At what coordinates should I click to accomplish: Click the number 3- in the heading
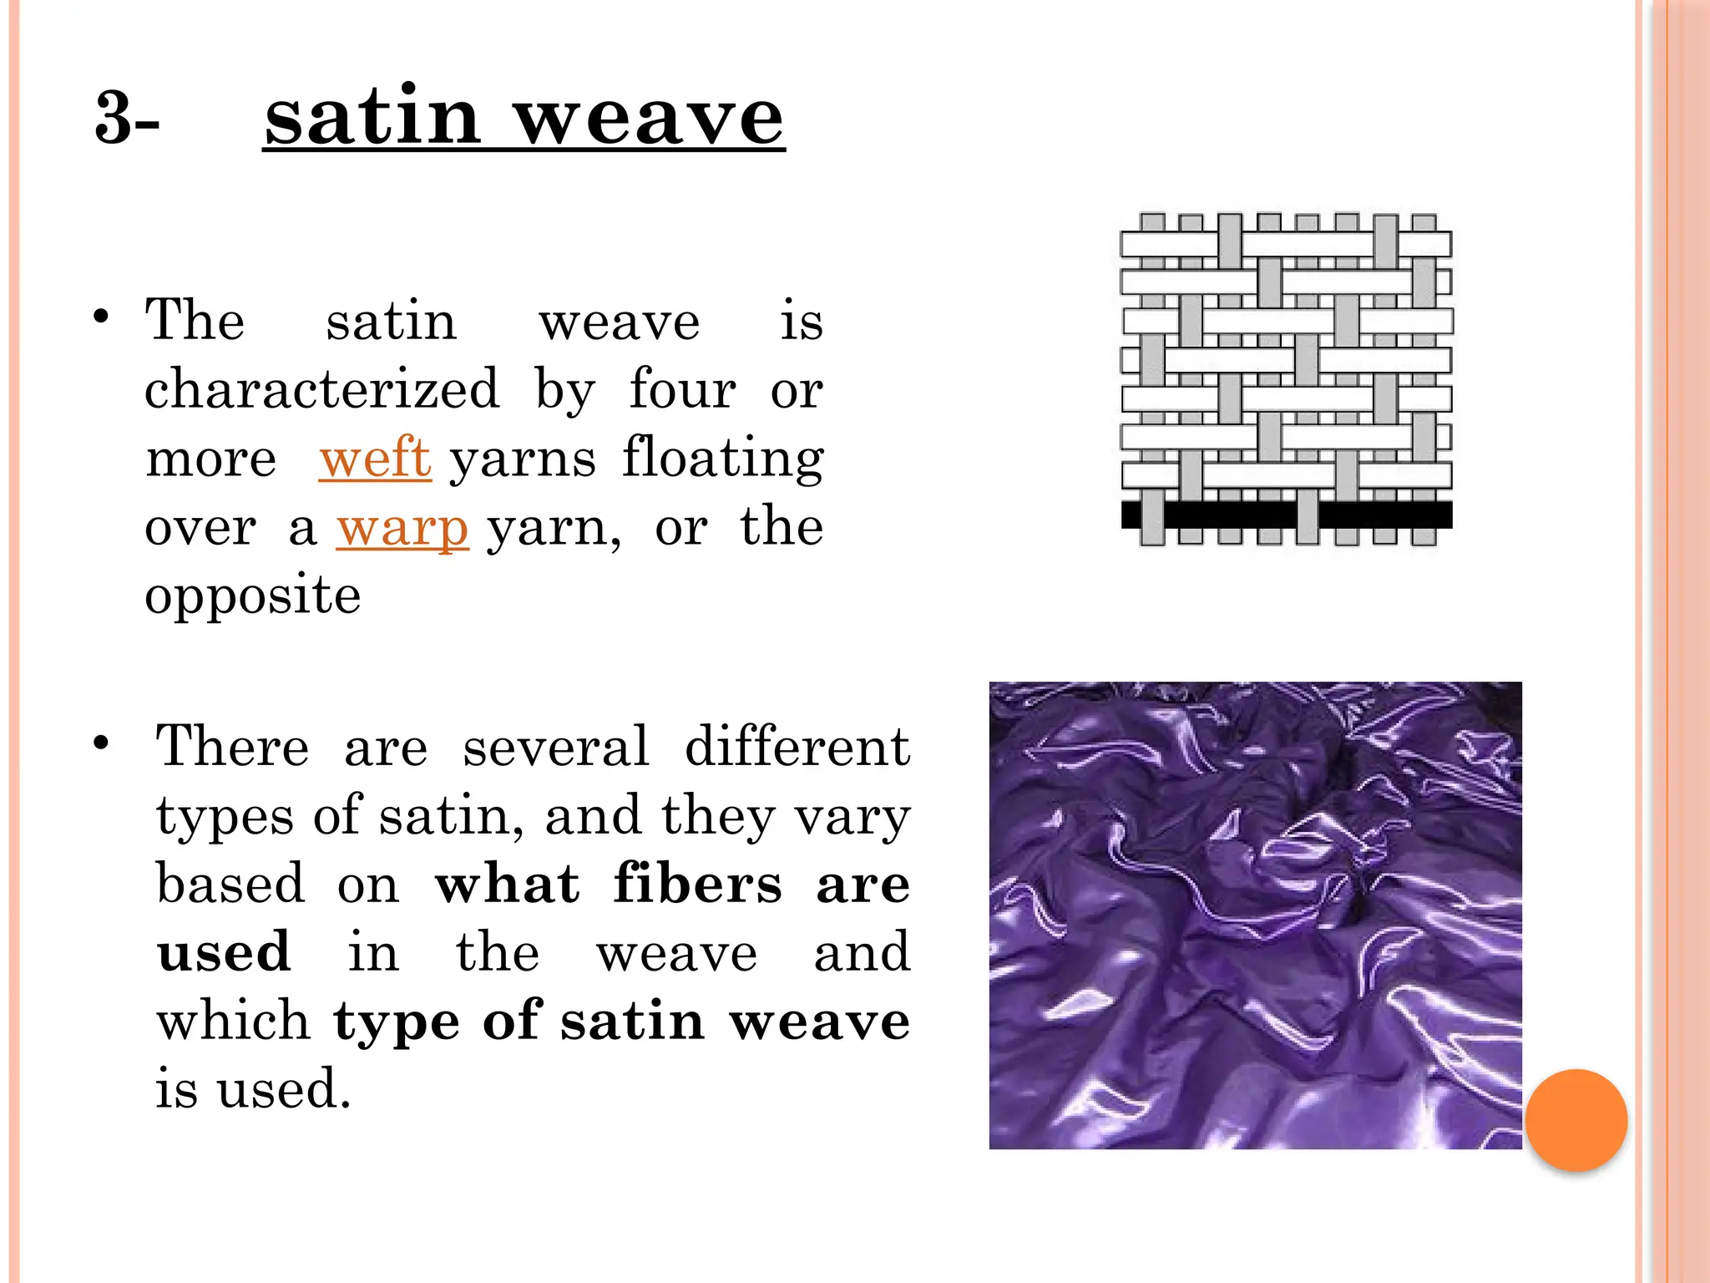coord(127,119)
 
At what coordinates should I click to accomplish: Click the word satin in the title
coord(372,117)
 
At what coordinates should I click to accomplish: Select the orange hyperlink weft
coord(375,459)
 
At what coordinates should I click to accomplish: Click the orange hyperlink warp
coord(402,529)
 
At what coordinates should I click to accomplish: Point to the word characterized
coord(321,389)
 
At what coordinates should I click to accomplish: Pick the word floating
coord(723,459)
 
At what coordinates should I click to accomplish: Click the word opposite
coord(252,596)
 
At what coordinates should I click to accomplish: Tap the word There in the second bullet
coord(232,745)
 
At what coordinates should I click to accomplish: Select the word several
coord(555,745)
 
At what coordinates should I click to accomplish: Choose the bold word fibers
coord(697,884)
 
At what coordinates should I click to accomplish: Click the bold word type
coord(396,1022)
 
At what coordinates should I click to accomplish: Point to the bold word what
coord(507,884)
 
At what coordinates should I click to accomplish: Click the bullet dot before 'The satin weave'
coord(101,317)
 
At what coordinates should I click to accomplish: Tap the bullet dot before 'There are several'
coord(101,743)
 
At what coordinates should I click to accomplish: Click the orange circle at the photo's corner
coord(1576,1119)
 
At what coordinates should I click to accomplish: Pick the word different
coord(797,745)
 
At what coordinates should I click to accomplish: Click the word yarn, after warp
coord(554,529)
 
